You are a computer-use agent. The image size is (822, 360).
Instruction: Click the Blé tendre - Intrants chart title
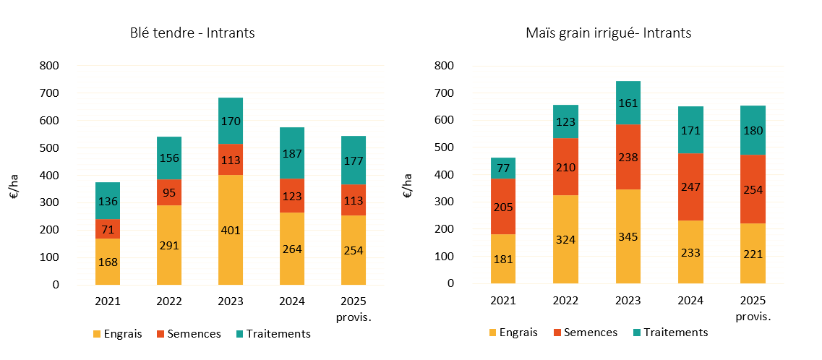(x=192, y=33)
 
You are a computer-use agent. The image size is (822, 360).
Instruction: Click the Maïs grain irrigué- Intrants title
(x=609, y=33)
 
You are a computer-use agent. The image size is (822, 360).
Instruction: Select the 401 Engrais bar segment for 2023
(x=231, y=230)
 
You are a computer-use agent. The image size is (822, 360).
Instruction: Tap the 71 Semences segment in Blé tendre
(x=107, y=229)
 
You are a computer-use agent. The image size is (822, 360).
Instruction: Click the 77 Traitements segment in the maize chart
(x=503, y=168)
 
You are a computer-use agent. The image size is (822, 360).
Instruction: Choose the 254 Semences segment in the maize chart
(x=753, y=189)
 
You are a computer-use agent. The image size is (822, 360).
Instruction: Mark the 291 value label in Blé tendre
(x=169, y=245)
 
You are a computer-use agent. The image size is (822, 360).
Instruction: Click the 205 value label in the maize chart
(x=503, y=207)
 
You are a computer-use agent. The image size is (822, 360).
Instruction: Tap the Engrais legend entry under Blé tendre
(x=117, y=334)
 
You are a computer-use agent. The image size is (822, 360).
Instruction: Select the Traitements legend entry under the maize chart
(x=669, y=333)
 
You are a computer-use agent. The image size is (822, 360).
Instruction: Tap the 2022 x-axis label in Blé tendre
(x=169, y=301)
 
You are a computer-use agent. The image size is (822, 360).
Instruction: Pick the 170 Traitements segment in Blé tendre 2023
(x=231, y=121)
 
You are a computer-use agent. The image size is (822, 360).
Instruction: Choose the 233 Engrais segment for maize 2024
(x=690, y=252)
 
